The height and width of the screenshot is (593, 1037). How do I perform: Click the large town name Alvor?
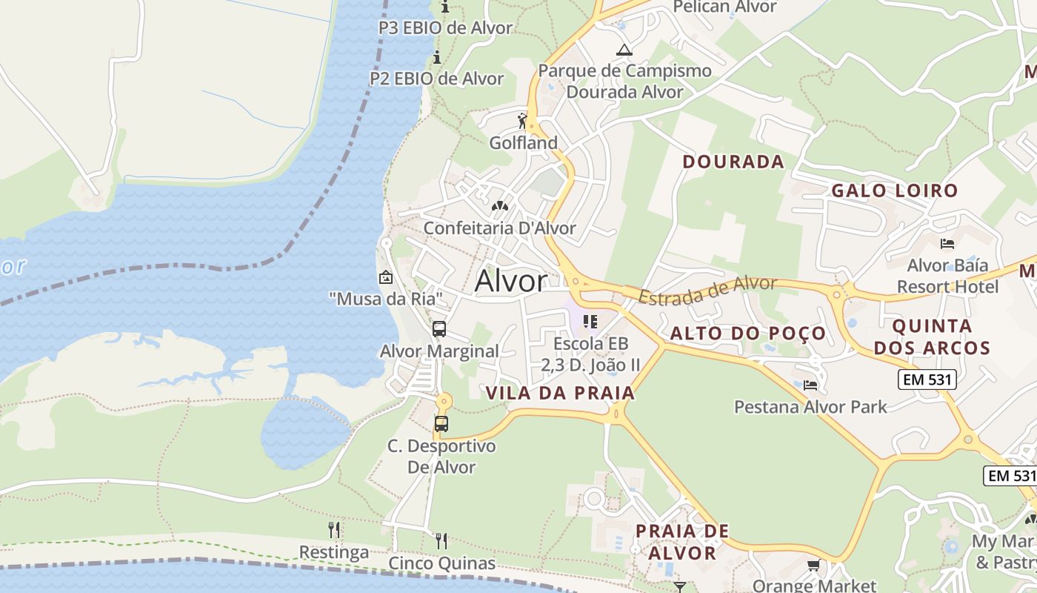point(511,281)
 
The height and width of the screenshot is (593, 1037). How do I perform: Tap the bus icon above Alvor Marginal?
point(439,329)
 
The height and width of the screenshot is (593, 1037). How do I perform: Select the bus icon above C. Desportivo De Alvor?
point(441,424)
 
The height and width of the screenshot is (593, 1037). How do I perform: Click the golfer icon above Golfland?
point(523,121)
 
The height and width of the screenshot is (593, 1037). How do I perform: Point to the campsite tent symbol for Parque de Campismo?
point(624,50)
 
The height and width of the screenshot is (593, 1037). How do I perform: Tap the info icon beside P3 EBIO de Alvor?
point(445,7)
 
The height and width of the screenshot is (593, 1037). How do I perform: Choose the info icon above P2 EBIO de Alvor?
point(437,57)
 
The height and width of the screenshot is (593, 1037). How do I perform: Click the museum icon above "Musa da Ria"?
point(386,278)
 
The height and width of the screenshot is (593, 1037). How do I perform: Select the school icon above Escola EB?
point(590,322)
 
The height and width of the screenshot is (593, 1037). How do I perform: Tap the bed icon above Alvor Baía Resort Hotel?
point(947,243)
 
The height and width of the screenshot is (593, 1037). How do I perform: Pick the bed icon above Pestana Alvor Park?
point(810,385)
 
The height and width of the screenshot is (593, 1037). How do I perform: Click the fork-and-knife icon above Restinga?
point(334,530)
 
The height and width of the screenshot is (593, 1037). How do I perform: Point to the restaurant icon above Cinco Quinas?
point(441,540)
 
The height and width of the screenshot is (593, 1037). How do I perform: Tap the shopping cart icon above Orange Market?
point(813,566)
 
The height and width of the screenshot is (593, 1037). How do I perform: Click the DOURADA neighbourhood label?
point(733,162)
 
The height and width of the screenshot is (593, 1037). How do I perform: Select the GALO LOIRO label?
point(894,191)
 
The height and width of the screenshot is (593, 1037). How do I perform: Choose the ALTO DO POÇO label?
point(748,334)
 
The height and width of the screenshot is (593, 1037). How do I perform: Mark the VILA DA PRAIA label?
point(561,394)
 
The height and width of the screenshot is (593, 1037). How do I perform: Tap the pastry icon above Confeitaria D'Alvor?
point(500,205)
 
